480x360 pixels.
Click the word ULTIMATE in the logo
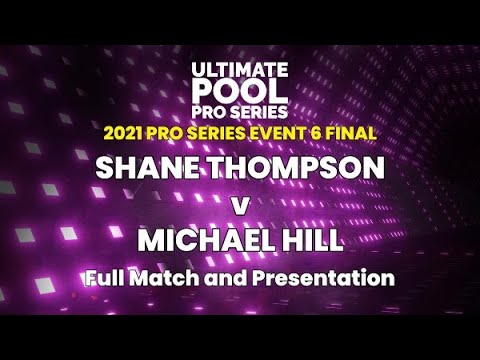click(x=240, y=69)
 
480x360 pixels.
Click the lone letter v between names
click(x=239, y=204)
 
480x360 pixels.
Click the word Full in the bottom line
click(x=108, y=277)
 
